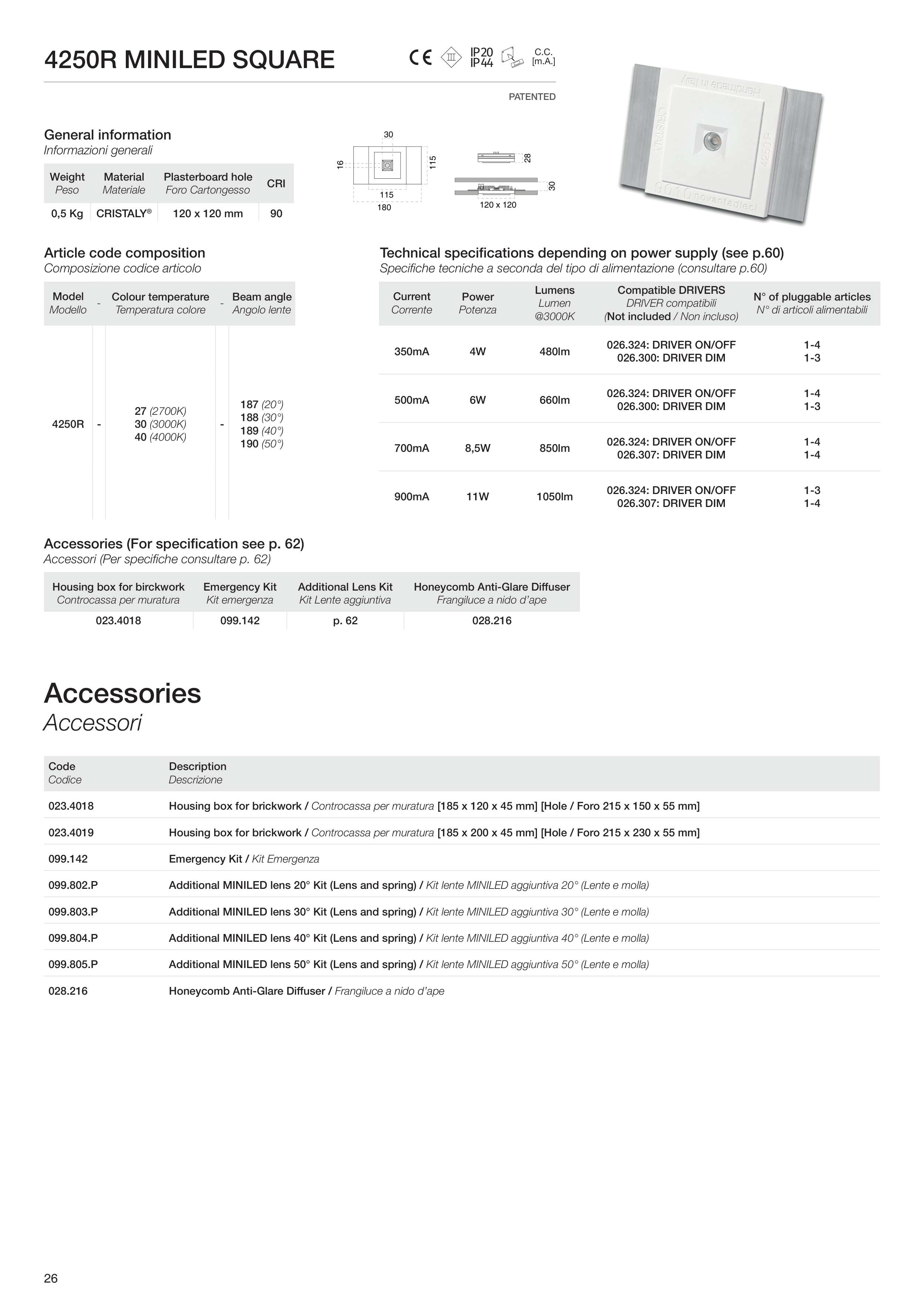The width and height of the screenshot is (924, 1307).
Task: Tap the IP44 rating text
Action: click(x=482, y=63)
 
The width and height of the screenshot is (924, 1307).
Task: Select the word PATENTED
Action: click(x=532, y=97)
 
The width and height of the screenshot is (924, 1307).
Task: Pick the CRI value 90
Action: click(x=276, y=214)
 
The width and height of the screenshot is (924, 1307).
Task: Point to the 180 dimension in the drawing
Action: click(x=384, y=208)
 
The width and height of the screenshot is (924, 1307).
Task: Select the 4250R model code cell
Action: click(x=68, y=424)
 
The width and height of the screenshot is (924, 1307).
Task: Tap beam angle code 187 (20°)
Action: click(x=261, y=405)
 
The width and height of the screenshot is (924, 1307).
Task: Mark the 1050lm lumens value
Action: click(x=555, y=496)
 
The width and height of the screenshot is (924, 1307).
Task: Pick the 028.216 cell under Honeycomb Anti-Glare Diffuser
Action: click(x=492, y=621)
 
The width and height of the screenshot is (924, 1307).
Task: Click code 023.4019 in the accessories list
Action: click(x=71, y=832)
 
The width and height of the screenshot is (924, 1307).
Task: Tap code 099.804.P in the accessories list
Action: click(x=73, y=938)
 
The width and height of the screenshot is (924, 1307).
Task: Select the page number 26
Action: click(x=51, y=1279)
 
